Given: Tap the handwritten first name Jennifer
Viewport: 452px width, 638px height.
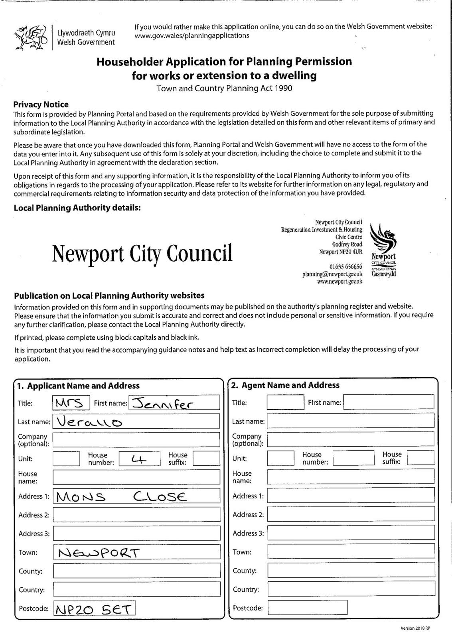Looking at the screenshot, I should pyautogui.click(x=164, y=403).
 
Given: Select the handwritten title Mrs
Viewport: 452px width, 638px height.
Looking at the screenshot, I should pyautogui.click(x=71, y=403).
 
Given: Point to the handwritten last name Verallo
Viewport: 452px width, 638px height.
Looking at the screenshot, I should pyautogui.click(x=90, y=421).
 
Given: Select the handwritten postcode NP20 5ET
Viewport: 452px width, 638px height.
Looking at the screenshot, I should pyautogui.click(x=94, y=609).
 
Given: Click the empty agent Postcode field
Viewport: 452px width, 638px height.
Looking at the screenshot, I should pyautogui.click(x=307, y=608).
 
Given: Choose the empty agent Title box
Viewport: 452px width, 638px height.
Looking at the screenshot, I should pyautogui.click(x=285, y=402).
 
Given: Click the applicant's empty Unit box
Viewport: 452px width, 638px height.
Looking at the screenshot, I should pyautogui.click(x=66, y=459).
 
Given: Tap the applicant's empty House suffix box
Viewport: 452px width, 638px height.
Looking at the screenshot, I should pyautogui.click(x=206, y=459).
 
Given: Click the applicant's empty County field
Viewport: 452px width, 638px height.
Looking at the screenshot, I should pyautogui.click(x=136, y=571).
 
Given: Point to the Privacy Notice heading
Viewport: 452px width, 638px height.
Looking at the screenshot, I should pyautogui.click(x=41, y=104).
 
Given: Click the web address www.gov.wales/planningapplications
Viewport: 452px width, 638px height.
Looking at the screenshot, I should pyautogui.click(x=192, y=35).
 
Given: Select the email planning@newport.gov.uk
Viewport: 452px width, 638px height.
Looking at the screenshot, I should pyautogui.click(x=332, y=274).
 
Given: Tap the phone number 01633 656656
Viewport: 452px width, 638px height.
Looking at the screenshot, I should pyautogui.click(x=345, y=266).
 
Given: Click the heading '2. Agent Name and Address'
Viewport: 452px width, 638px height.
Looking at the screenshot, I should pyautogui.click(x=286, y=385).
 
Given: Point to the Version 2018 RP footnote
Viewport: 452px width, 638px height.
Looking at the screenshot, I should pyautogui.click(x=415, y=628).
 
